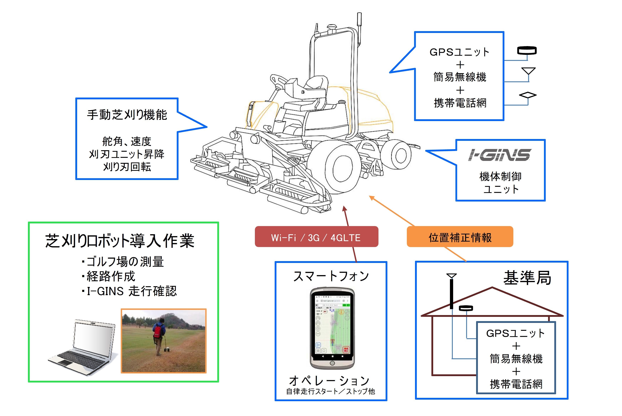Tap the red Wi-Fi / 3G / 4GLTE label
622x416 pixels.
316,237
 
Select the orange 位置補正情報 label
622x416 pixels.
460,237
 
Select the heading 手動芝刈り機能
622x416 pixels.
127,115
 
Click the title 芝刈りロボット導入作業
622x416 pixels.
120,241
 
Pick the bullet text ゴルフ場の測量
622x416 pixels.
125,262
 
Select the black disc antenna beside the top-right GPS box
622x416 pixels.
527,50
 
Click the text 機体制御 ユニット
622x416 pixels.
500,182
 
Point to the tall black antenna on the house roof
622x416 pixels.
452,293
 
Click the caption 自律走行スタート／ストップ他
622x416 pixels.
331,391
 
